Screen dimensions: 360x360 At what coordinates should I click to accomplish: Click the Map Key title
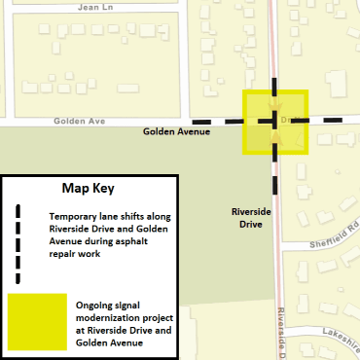[x=88, y=188]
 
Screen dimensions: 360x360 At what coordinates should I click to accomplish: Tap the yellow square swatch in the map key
[x=36, y=321]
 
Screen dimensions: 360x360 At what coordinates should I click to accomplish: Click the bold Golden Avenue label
[x=177, y=130]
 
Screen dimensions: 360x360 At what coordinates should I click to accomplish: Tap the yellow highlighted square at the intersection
[x=275, y=124]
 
